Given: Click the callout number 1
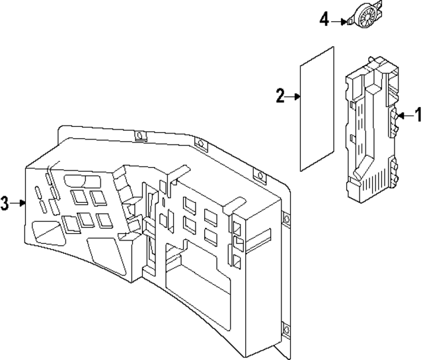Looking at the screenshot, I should pos(417,116).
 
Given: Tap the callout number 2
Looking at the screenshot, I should pos(280,97).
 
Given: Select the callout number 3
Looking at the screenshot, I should pos(5,203).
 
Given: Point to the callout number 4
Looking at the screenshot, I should pos(325,20).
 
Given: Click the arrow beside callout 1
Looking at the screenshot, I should pos(404,116).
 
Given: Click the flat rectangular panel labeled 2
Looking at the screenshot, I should pos(317,108).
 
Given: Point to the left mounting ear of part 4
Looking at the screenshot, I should pos(348,22).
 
